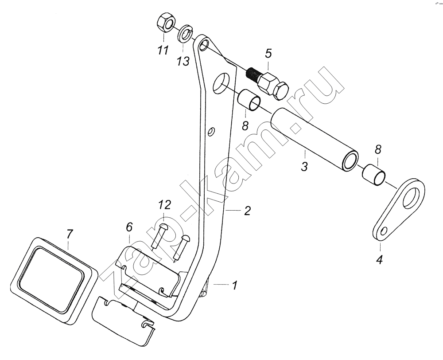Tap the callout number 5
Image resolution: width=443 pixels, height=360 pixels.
pyautogui.click(x=268, y=53)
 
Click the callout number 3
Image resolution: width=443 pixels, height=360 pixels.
pyautogui.click(x=304, y=166)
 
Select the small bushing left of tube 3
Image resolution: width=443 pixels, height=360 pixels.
pyautogui.click(x=249, y=101)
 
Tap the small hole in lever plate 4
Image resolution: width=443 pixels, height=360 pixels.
pyautogui.click(x=383, y=231)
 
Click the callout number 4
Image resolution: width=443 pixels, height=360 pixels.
pyautogui.click(x=380, y=260)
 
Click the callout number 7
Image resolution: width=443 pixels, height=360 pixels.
pyautogui.click(x=70, y=235)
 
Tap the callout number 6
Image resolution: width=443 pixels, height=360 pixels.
pyautogui.click(x=129, y=227)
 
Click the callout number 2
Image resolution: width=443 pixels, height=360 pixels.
pyautogui.click(x=247, y=211)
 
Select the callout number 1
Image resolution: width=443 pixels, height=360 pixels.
pyautogui.click(x=234, y=285)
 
